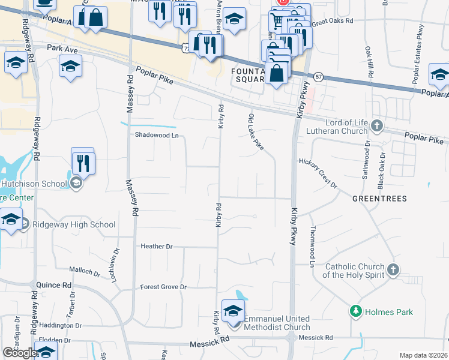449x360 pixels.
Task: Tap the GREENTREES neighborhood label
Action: [x=379, y=198]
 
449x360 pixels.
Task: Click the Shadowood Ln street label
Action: [x=157, y=135]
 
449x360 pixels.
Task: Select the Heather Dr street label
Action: [x=156, y=246]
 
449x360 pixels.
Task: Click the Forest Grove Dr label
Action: [x=163, y=287]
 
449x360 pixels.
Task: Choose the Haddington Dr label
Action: [x=61, y=325]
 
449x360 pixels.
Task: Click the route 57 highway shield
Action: [x=318, y=77]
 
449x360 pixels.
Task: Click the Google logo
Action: [x=20, y=353]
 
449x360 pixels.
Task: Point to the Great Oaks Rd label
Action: [x=333, y=20]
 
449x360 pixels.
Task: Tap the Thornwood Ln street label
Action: [x=312, y=246]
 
